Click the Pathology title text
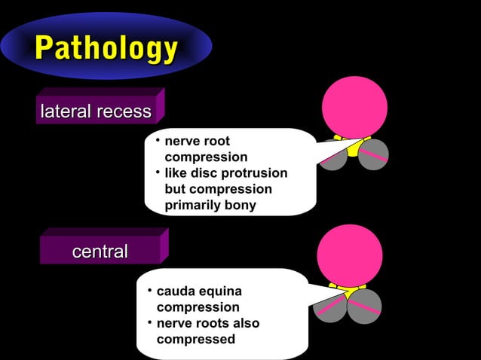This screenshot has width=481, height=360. click(x=106, y=49)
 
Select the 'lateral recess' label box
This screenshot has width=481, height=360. click(x=96, y=112)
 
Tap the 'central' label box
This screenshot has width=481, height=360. click(x=100, y=252)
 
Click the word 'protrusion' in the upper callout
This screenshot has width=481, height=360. click(x=255, y=173)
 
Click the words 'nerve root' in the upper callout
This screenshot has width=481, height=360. click(x=197, y=142)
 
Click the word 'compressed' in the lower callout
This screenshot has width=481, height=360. click(x=195, y=339)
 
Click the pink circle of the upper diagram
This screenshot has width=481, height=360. click(x=354, y=107)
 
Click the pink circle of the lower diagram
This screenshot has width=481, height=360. click(x=350, y=255)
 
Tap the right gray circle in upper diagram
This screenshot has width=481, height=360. click(x=373, y=155)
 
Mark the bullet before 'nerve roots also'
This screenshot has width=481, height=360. click(x=149, y=323)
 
